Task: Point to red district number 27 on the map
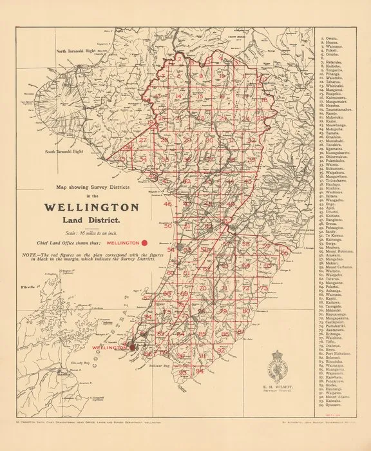tap(143, 140)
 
